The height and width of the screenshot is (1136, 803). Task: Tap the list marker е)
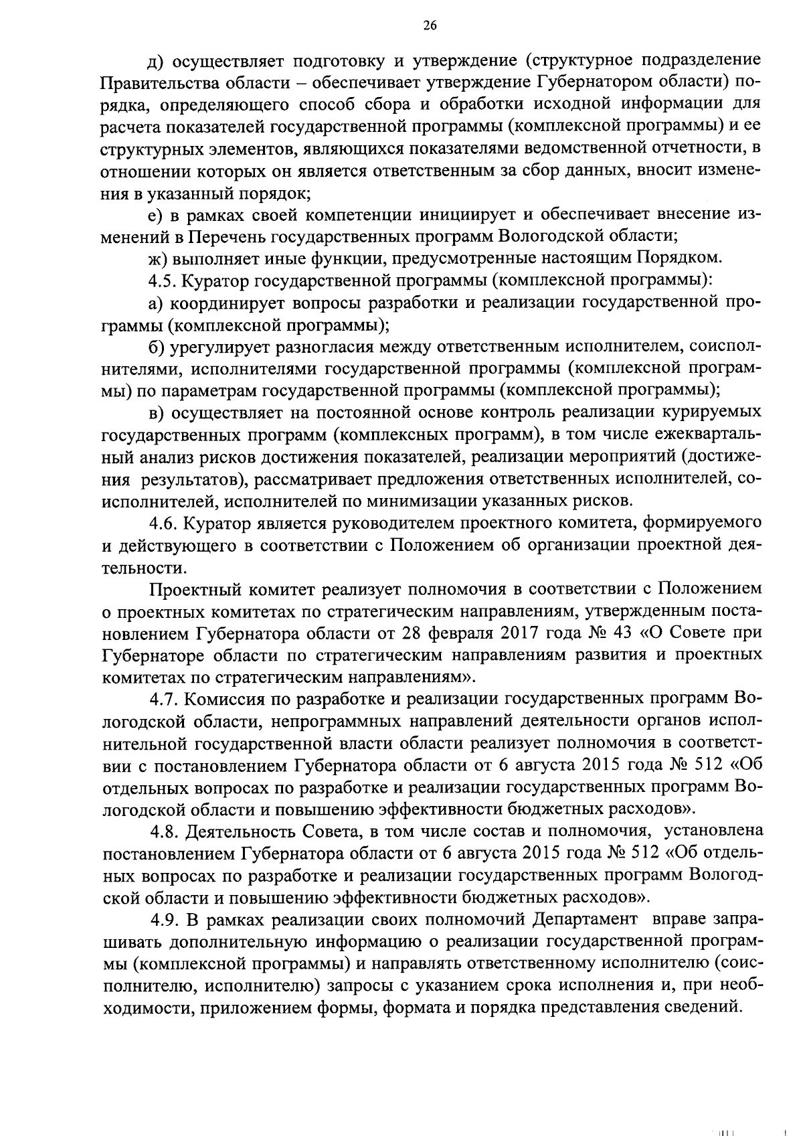click(x=155, y=214)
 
